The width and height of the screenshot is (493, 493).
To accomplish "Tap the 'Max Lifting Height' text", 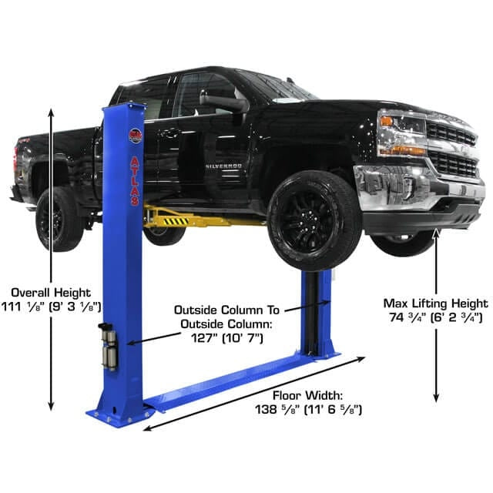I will coord(435,303).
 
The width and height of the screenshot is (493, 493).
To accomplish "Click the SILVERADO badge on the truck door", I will coord(224,165).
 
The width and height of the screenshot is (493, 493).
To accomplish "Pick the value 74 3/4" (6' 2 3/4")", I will coord(435,317).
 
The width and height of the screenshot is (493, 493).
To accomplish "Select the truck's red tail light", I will coord(15,159).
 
